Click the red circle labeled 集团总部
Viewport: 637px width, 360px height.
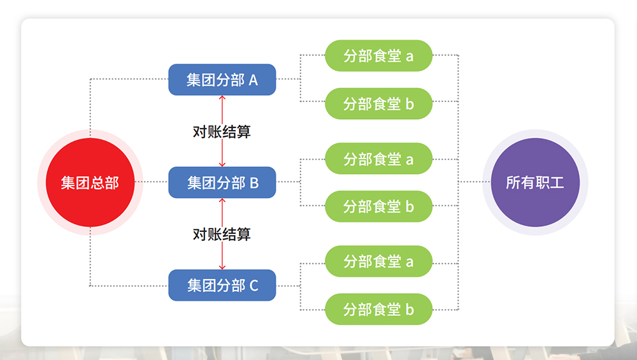[90, 182]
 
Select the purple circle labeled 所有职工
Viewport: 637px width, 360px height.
[535, 182]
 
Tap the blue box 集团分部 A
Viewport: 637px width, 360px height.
[222, 80]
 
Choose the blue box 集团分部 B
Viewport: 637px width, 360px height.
[222, 182]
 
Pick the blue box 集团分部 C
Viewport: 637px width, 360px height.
[222, 285]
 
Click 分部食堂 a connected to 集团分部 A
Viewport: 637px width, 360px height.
[378, 55]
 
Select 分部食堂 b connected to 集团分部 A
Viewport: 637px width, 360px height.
[378, 103]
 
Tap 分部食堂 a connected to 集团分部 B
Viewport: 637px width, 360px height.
[378, 159]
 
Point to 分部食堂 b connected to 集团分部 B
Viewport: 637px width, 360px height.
[378, 206]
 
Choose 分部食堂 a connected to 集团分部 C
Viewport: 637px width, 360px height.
[378, 261]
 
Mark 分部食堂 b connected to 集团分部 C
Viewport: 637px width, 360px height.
[378, 309]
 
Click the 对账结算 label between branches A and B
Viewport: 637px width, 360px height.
[222, 131]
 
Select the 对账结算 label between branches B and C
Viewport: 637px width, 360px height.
[222, 234]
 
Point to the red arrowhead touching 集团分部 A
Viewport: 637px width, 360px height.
[222, 98]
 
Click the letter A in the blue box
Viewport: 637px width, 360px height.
[253, 80]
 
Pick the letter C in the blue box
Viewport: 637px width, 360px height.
[254, 285]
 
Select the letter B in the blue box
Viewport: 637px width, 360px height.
[254, 183]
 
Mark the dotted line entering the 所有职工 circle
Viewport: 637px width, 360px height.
[471, 182]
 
